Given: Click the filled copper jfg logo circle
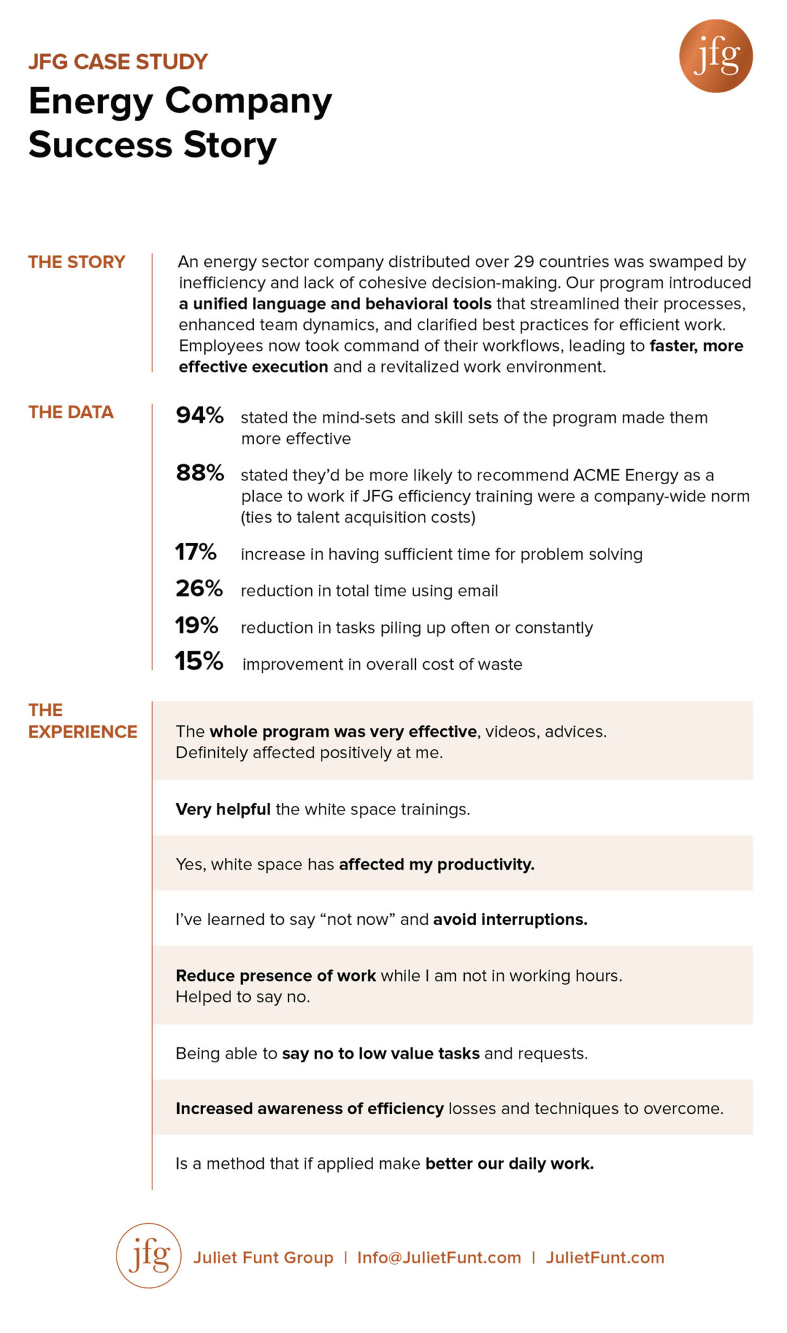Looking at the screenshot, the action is click(715, 56).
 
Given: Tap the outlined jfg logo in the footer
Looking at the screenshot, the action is click(148, 1256).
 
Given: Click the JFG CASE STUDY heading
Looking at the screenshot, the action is click(118, 62).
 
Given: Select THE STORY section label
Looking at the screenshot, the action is click(77, 262).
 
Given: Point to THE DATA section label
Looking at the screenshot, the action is click(71, 412).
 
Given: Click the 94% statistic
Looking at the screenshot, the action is click(200, 415).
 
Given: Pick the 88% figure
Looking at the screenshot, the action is click(200, 473).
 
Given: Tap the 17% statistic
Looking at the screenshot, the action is click(196, 552).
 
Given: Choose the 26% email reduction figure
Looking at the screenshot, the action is click(199, 588).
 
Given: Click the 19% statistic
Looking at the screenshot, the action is click(197, 625).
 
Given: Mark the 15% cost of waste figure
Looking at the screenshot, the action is click(199, 661).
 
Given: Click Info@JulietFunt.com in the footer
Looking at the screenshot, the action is click(439, 1257).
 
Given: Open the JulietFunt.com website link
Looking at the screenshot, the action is click(605, 1257).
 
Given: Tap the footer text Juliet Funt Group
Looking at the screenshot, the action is click(263, 1257).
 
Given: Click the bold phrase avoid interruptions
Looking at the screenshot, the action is click(510, 919).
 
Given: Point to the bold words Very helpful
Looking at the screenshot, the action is click(223, 809).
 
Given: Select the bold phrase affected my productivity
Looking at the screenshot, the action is click(437, 864).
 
